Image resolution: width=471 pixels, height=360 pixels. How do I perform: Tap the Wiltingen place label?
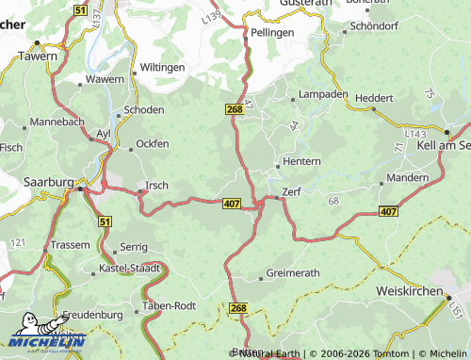coord(163,68)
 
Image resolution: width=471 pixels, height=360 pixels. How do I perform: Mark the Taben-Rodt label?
coord(170,305)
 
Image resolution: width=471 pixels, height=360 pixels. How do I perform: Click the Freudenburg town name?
coord(93,314)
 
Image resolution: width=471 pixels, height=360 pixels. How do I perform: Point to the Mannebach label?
coord(57,122)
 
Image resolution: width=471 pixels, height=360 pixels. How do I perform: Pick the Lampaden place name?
coord(323,95)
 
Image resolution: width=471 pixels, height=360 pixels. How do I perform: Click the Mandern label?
coord(408,177)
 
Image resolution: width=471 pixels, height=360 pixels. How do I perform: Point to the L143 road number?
coord(414,137)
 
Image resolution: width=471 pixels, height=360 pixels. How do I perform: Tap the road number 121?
coord(17,243)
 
